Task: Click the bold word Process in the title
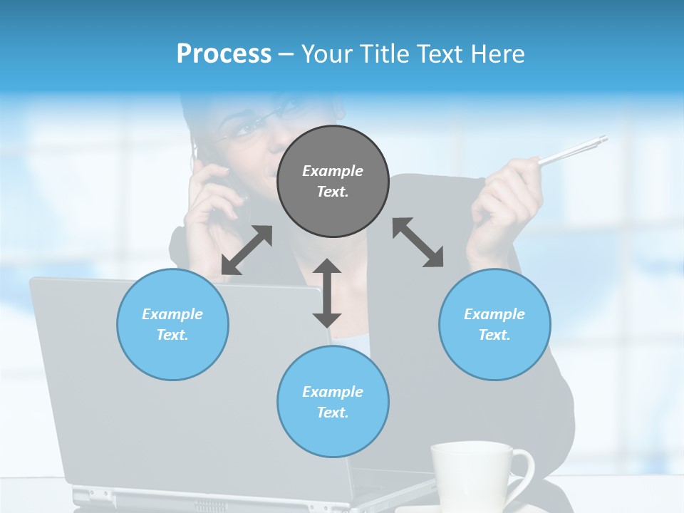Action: pos(224,54)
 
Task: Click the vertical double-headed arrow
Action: pos(327,293)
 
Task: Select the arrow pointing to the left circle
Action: pos(247,250)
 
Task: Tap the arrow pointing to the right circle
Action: pos(418,242)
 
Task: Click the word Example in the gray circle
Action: pos(333,171)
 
